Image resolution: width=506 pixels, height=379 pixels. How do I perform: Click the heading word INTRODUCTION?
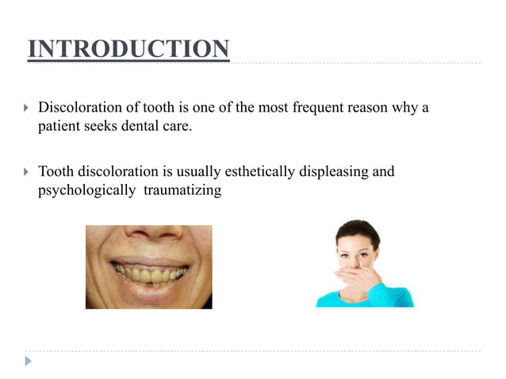[128, 49]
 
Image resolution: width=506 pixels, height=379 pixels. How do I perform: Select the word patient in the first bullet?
[59, 126]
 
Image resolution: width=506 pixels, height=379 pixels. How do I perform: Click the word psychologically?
[86, 190]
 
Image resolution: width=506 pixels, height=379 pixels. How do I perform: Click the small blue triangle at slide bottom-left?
[29, 361]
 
